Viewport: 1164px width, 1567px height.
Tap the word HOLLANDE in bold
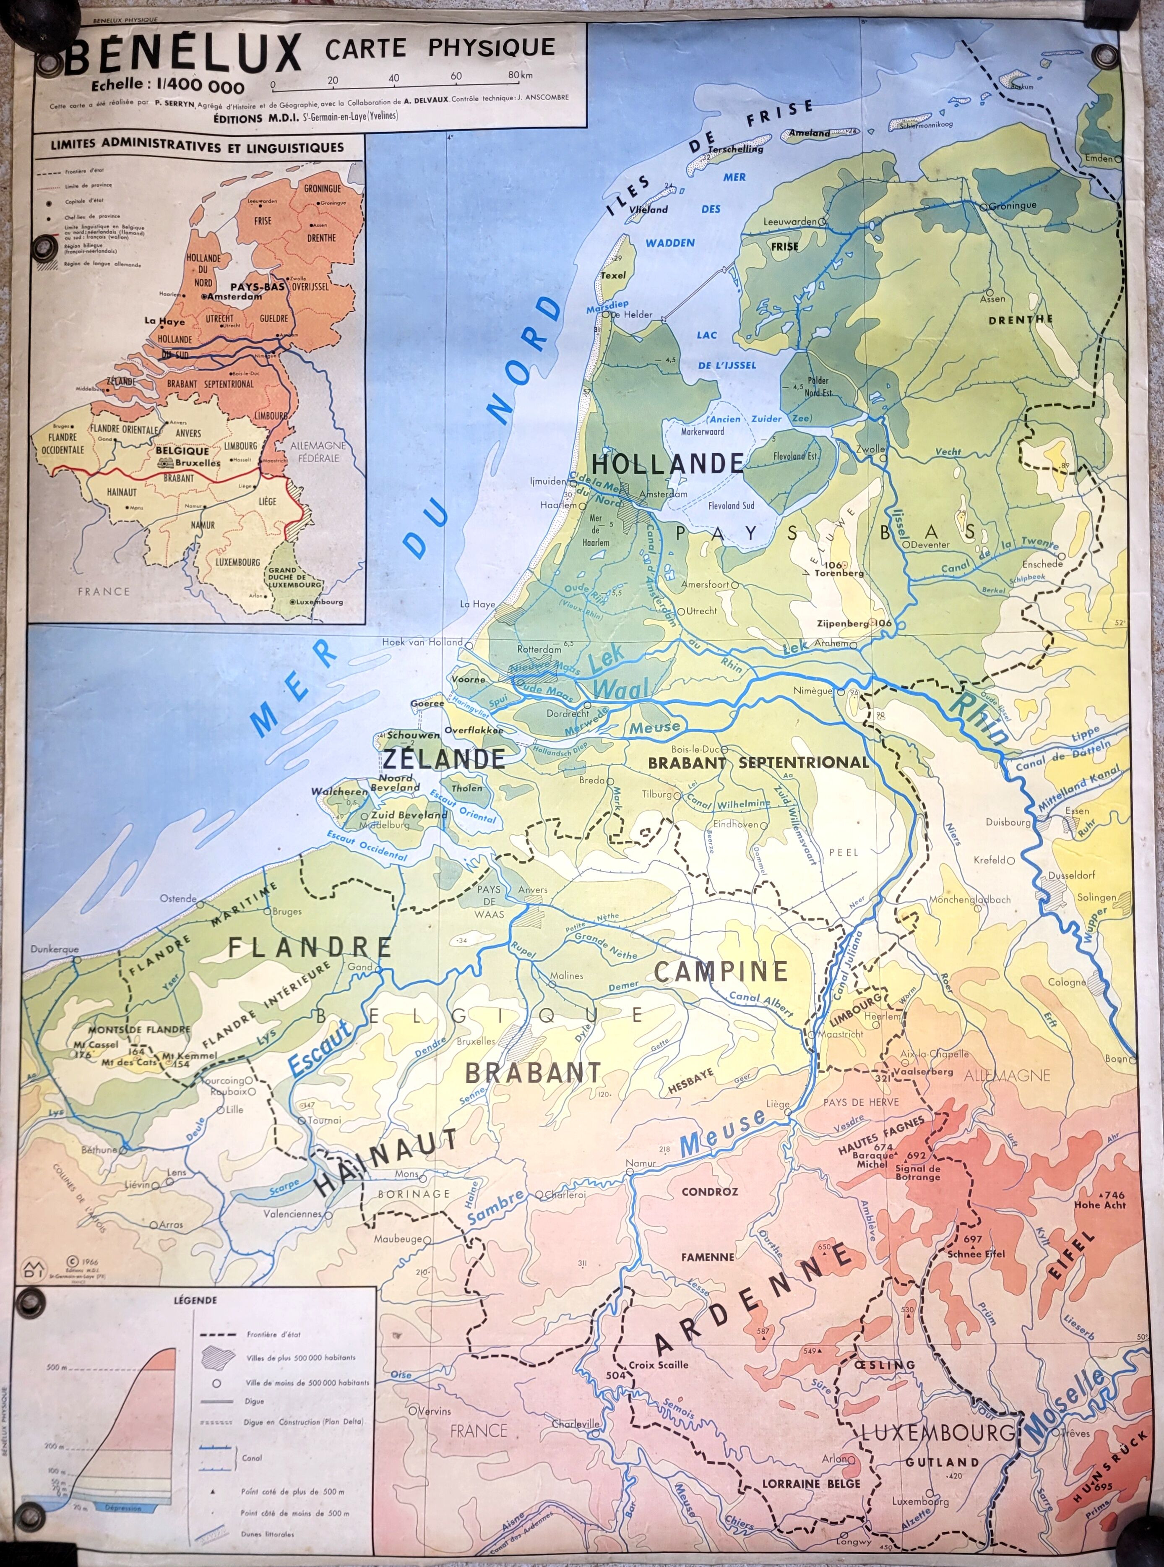tap(668, 463)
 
